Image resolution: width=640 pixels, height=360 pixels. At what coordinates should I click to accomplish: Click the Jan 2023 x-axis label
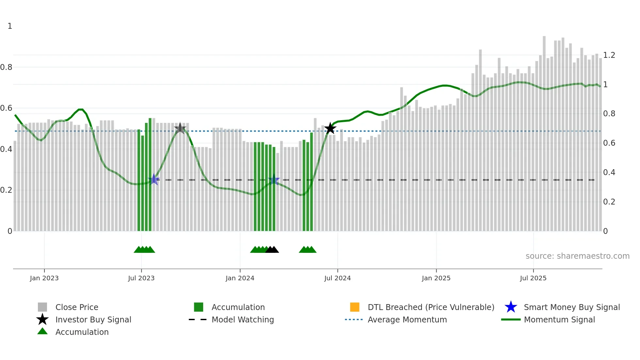pos(44,278)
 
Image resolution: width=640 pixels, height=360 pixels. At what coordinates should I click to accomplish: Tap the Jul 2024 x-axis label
pos(337,278)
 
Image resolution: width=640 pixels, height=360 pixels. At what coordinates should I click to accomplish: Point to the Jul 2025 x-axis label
pos(533,278)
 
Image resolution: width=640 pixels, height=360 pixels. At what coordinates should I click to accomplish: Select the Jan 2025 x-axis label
pos(436,278)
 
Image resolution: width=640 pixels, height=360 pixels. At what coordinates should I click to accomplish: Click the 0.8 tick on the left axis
pos(6,67)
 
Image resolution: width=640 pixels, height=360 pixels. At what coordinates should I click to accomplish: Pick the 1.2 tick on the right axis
pos(609,55)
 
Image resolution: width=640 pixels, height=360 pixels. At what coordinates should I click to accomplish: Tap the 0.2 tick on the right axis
pos(609,202)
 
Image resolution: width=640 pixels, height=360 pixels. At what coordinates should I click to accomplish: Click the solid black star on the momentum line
pos(330,128)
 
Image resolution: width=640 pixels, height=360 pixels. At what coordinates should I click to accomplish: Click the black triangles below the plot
pos(272,250)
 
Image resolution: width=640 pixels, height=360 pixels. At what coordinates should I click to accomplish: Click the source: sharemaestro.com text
pos(577,256)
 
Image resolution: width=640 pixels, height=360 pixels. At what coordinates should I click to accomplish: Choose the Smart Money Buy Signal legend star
pos(511,307)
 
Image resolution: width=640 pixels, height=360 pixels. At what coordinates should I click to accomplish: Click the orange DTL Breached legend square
pos(355,307)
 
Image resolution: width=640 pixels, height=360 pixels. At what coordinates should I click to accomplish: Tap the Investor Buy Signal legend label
pos(93,319)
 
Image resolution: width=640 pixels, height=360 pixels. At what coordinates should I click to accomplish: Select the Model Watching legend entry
pos(242,319)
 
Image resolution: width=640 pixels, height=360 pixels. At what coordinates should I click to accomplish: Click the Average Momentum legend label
pos(407,319)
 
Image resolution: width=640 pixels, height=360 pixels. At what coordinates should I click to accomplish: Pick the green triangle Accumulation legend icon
pos(42,332)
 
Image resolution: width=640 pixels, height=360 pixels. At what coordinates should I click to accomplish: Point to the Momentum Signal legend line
pos(511,319)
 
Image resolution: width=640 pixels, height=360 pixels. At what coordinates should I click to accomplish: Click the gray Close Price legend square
pos(42,307)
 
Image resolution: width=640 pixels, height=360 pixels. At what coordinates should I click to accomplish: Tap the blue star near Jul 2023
pos(154,179)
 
